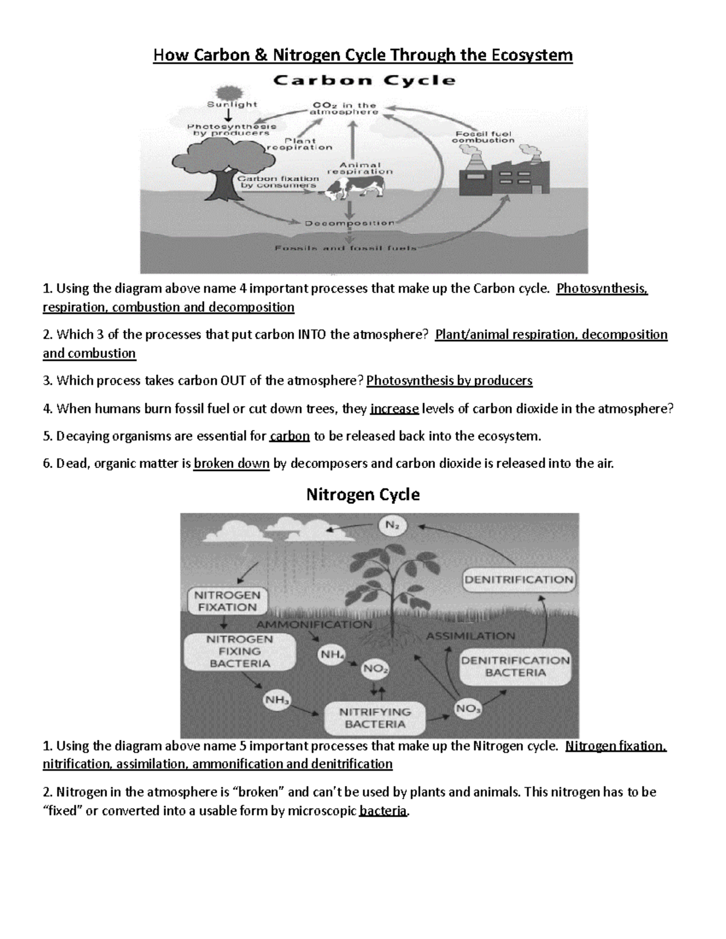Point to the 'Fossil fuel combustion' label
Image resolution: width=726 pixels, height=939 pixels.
[483, 136]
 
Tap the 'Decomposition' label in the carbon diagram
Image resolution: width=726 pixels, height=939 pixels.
[350, 223]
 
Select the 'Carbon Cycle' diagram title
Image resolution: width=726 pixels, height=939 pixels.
[365, 80]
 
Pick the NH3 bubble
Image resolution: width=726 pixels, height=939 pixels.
[277, 700]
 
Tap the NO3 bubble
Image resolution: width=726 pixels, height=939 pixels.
[468, 708]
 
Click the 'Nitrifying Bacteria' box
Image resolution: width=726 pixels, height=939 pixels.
[374, 718]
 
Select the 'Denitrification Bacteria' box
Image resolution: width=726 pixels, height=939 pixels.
[515, 666]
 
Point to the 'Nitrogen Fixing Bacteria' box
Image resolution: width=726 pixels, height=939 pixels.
[240, 651]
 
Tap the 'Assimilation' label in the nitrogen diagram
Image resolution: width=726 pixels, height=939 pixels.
[471, 635]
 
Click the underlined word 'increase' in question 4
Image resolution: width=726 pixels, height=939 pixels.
[394, 409]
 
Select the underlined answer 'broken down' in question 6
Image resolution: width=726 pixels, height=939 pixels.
[231, 464]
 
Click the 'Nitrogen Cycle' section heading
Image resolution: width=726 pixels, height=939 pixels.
[363, 495]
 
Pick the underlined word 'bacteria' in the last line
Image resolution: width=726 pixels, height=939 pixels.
[384, 811]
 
